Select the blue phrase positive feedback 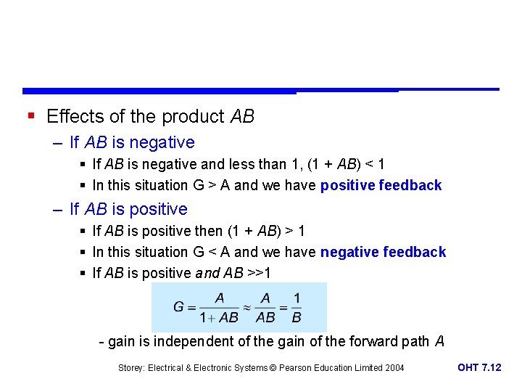tap(381, 185)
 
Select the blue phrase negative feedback tap(383, 252)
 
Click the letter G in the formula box tap(178, 307)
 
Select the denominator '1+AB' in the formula tap(219, 317)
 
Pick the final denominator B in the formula tap(296, 317)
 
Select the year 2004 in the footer tap(394, 368)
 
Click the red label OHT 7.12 tap(479, 367)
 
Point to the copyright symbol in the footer tap(273, 368)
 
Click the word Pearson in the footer tap(296, 368)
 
